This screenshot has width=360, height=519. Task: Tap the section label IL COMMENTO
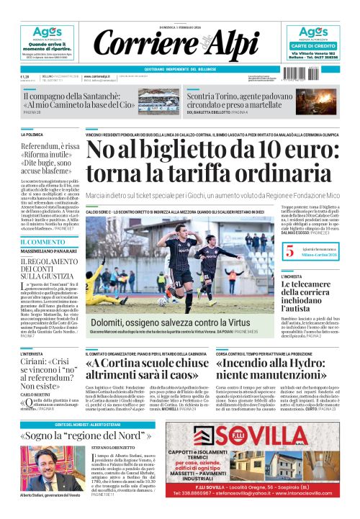click(42, 241)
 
